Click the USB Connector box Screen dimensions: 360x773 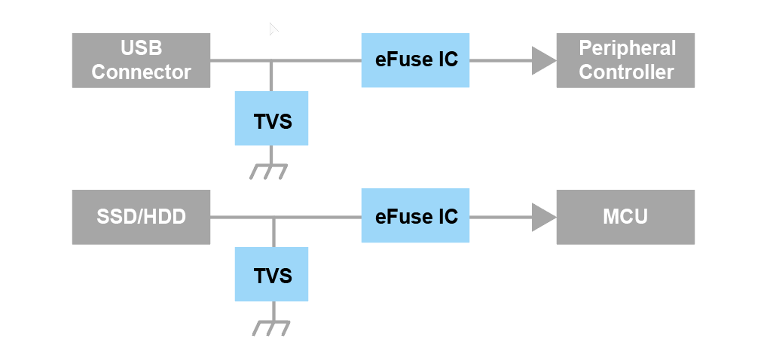click(141, 60)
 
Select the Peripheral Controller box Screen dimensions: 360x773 click(625, 60)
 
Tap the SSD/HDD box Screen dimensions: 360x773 click(141, 217)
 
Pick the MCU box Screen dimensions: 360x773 click(625, 217)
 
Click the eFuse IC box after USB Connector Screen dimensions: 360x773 click(416, 60)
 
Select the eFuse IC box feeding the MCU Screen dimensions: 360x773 click(416, 216)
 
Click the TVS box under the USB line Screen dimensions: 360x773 click(271, 119)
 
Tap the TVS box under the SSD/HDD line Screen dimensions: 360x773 click(271, 275)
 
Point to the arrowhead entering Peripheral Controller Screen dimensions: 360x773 click(543, 60)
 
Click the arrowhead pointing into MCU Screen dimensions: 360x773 click(543, 217)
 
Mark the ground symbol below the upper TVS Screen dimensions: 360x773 click(270, 171)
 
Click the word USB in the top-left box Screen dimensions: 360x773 click(141, 49)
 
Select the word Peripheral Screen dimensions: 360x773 click(627, 49)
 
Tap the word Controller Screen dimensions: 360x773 click(626, 72)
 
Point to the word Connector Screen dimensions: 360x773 click(141, 72)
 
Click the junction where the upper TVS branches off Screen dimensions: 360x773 click(271, 60)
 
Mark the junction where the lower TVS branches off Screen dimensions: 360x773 click(273, 217)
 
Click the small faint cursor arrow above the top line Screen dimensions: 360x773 click(273, 29)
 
